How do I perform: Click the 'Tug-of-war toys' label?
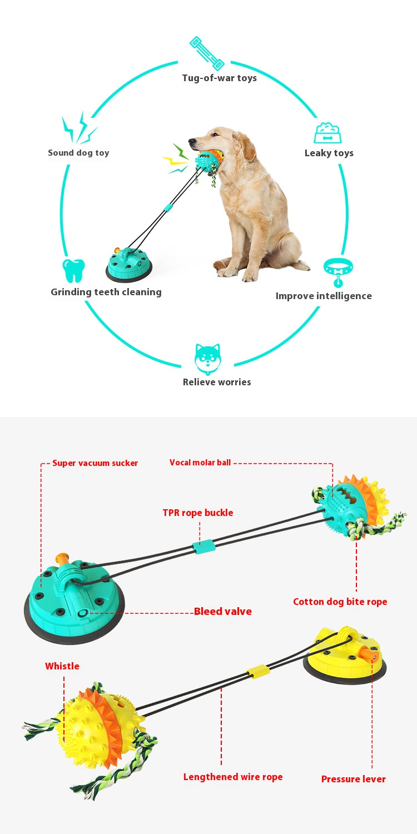[x=219, y=78]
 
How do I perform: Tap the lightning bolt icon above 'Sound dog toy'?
[x=78, y=128]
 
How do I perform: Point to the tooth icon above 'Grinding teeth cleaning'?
[x=73, y=271]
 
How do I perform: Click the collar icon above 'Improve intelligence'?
[x=338, y=271]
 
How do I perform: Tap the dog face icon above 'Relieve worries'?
[x=207, y=359]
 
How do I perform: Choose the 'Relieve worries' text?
[x=217, y=382]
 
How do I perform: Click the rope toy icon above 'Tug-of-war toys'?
[x=206, y=53]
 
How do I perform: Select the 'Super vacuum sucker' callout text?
[x=95, y=463]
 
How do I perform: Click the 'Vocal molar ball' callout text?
[x=200, y=463]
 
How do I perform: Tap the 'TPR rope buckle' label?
[x=198, y=513]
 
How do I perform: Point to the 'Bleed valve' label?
[x=222, y=612]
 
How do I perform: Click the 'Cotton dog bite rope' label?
[x=340, y=602]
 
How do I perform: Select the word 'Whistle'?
[x=62, y=666]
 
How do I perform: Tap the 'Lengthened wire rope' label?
[x=233, y=777]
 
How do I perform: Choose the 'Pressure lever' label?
[x=353, y=779]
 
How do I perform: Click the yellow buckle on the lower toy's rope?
[x=259, y=671]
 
